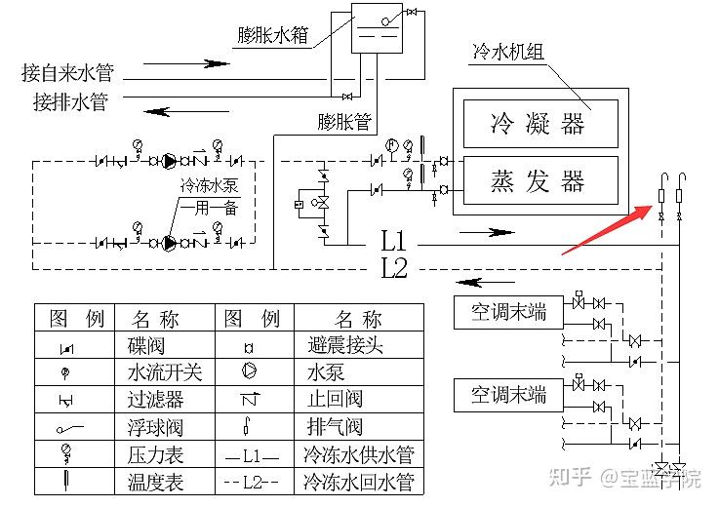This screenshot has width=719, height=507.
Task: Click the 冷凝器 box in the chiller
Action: point(539,123)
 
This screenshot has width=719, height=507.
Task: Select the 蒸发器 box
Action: point(539,180)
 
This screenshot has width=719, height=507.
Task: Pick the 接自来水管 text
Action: point(68,72)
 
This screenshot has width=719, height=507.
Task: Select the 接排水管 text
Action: point(70,100)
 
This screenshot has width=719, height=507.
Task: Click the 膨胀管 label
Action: point(344,122)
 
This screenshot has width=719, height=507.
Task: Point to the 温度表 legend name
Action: point(155,481)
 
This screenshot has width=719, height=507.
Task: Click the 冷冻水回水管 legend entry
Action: point(360,481)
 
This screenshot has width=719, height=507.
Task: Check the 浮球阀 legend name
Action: point(155,427)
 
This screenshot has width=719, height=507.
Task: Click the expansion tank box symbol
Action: point(377,30)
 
